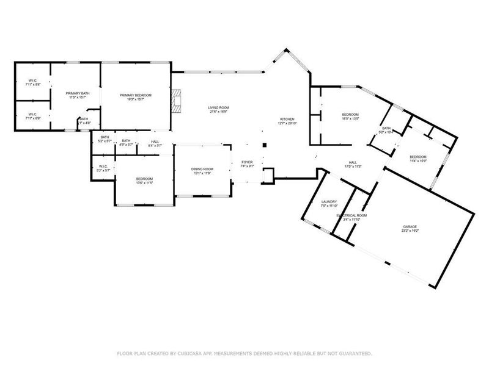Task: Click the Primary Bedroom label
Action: [135, 95]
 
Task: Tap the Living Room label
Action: [218, 108]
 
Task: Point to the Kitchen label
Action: [287, 119]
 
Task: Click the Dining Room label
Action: [203, 169]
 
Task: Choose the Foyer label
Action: [246, 162]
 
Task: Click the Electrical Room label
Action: [351, 215]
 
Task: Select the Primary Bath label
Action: [78, 93]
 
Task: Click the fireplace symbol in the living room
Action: [177, 102]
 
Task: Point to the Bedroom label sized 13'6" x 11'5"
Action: [144, 178]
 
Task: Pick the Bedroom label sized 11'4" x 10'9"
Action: [418, 157]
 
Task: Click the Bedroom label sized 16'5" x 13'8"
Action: [350, 115]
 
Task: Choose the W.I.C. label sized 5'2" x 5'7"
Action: [103, 167]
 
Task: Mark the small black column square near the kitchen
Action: [264, 145]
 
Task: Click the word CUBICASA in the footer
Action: [191, 353]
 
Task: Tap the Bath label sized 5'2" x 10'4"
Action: [386, 128]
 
